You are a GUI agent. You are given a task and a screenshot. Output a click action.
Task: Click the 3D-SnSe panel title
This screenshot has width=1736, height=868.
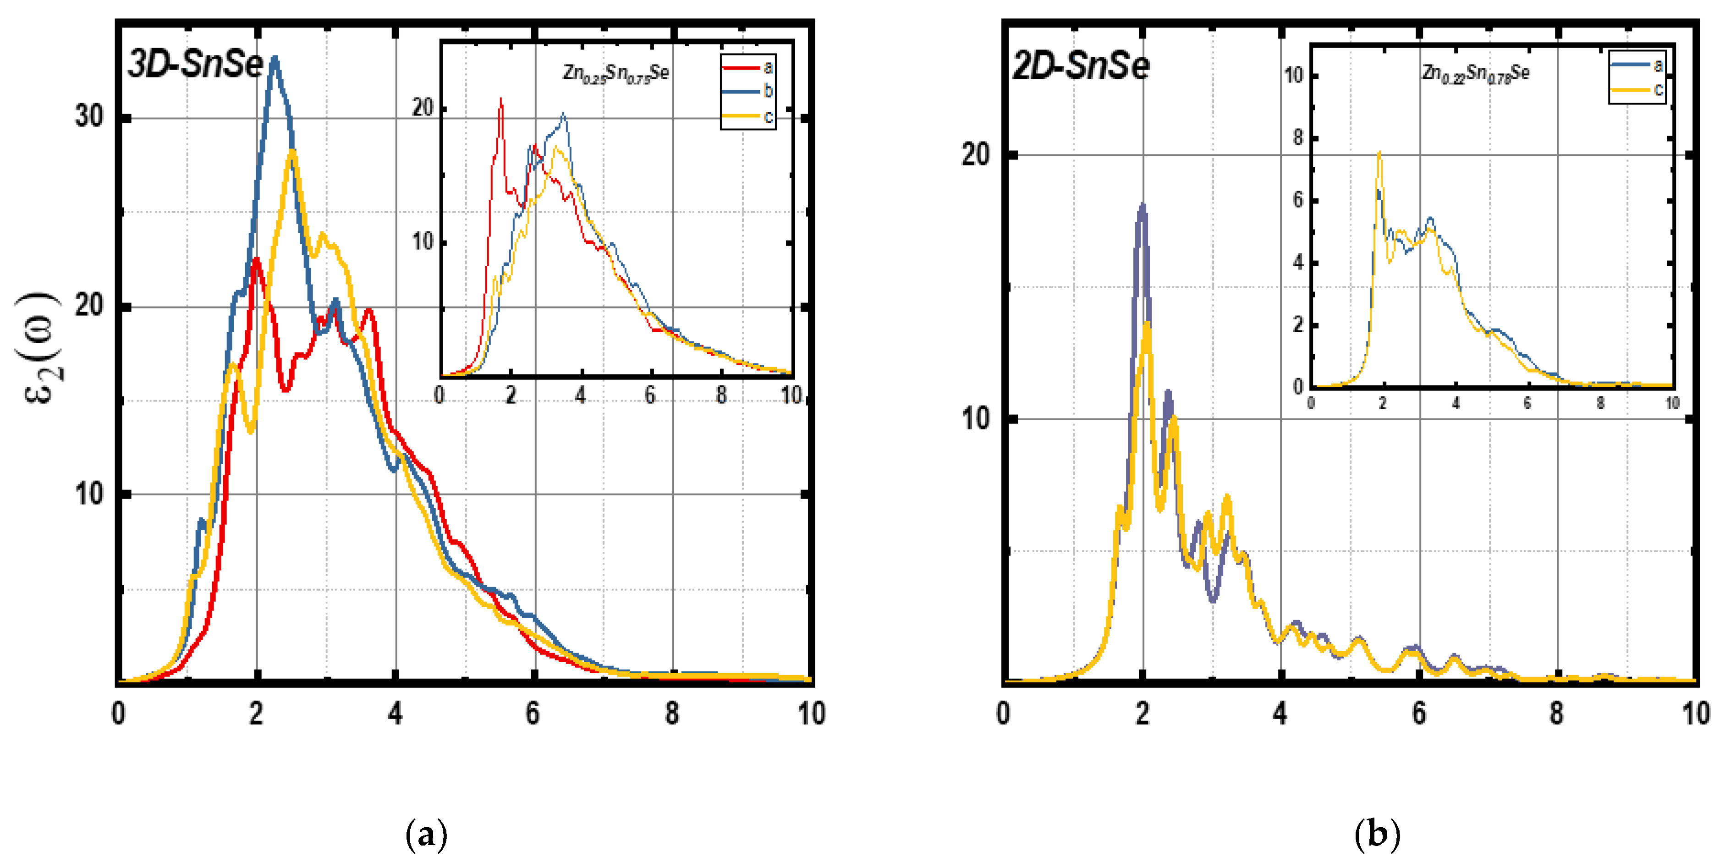195,66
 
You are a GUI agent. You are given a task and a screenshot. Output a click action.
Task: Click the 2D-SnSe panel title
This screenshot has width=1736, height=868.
1081,67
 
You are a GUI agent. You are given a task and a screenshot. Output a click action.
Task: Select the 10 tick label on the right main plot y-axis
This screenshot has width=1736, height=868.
975,419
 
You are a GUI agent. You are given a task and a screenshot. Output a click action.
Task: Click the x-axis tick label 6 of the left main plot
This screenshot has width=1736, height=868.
533,713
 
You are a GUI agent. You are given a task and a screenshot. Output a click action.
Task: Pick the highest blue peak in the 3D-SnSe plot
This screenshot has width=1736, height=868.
274,59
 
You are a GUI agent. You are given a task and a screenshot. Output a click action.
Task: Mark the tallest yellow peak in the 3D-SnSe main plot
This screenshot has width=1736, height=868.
292,152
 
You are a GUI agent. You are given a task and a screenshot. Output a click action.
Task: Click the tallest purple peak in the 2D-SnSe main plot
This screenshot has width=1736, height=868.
1142,206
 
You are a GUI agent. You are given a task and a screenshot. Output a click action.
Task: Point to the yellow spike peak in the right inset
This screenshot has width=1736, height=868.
1379,153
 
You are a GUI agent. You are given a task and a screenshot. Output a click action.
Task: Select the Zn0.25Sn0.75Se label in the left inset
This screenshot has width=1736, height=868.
616,73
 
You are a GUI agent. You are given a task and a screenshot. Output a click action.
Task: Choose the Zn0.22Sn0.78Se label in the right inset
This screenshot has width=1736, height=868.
1476,73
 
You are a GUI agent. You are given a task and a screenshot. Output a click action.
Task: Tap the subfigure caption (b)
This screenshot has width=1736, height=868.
1377,835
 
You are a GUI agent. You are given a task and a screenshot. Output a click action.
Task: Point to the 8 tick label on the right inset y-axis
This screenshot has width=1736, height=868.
1297,137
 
